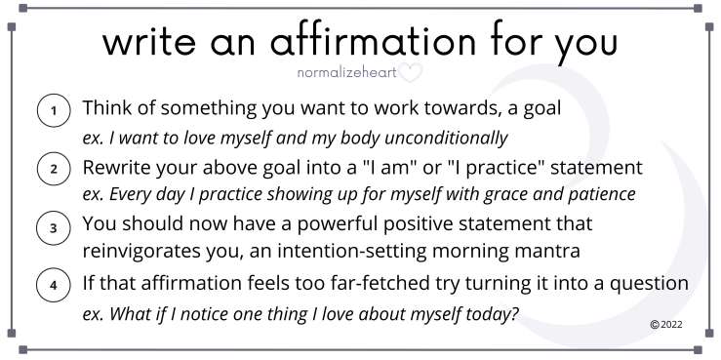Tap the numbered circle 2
(52, 170)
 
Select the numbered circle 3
(52, 229)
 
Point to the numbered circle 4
(52, 287)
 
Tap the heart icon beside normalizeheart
(412, 72)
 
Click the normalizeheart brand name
(347, 72)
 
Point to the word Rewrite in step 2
(117, 167)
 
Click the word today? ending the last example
(491, 314)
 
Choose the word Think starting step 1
(107, 108)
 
